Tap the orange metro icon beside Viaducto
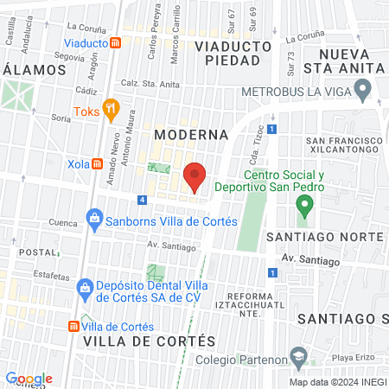coord(115,43)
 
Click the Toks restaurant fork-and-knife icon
coord(110,109)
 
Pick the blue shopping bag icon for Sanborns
coord(92,221)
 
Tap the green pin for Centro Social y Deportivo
coord(303,206)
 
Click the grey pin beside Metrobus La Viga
coord(363,88)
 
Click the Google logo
coord(29,379)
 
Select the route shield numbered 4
coord(142,201)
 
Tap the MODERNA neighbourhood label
coord(191,135)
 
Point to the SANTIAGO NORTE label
coord(325,237)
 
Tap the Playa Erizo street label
coord(354,356)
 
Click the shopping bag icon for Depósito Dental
coord(85,287)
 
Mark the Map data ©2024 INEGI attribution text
coord(336,382)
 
